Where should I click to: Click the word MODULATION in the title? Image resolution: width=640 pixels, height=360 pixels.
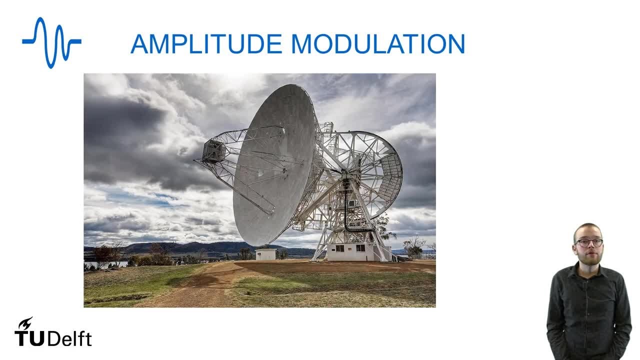pyautogui.click(x=378, y=44)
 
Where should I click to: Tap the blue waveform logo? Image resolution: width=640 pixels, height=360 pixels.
pyautogui.click(x=51, y=42)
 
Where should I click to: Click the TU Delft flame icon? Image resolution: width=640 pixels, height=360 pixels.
pyautogui.click(x=25, y=323)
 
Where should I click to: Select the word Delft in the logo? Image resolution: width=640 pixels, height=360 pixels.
pyautogui.click(x=70, y=338)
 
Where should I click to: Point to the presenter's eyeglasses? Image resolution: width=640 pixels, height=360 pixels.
pyautogui.click(x=588, y=242)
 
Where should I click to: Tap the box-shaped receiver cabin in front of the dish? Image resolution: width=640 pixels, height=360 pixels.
pyautogui.click(x=214, y=151)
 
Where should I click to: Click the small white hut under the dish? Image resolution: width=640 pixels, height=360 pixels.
pyautogui.click(x=265, y=254)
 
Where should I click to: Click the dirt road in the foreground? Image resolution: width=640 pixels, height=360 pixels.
pyautogui.click(x=200, y=287)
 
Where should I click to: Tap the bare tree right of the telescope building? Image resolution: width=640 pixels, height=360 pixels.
pyautogui.click(x=413, y=246)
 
